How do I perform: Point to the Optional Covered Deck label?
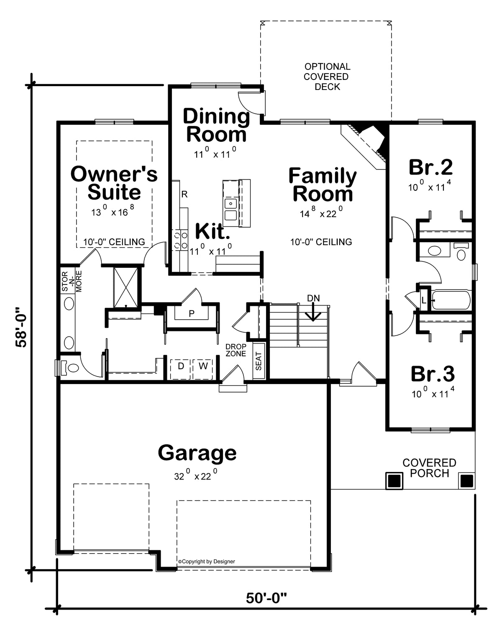point(327,77)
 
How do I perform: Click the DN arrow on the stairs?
point(313,313)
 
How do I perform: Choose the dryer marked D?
point(180,369)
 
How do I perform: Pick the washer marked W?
point(203,369)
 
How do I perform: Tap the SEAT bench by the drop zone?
point(259,361)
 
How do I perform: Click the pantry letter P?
point(192,313)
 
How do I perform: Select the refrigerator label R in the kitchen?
point(184,194)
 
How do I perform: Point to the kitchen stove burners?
point(180,240)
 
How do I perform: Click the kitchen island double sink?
point(231,209)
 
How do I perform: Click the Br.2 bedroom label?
point(430,167)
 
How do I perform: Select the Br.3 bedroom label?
point(433,374)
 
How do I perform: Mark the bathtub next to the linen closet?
point(451,300)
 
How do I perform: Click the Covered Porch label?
point(429,468)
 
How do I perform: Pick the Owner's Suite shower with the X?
point(126,287)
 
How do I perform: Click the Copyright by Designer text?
point(207,561)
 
